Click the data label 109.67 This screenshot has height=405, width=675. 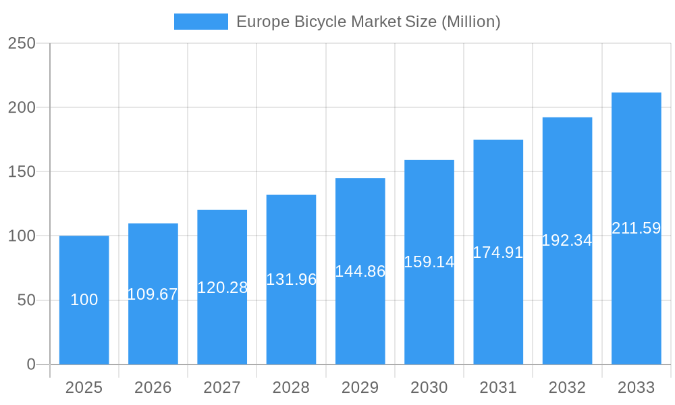(x=153, y=294)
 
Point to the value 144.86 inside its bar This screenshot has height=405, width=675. (x=360, y=271)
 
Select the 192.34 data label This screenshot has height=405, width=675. (x=567, y=240)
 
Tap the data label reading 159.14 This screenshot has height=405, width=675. (x=429, y=262)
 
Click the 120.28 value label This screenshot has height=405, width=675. (x=222, y=288)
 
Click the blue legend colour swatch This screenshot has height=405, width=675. (x=200, y=22)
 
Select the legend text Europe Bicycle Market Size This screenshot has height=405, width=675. (x=368, y=22)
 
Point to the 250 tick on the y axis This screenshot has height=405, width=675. (x=22, y=43)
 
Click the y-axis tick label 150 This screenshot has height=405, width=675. (x=22, y=171)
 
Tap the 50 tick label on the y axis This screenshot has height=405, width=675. (x=26, y=300)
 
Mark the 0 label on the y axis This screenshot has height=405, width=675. (x=31, y=364)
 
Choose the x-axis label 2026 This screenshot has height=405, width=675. (x=153, y=387)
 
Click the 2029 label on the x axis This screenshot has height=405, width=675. (x=360, y=387)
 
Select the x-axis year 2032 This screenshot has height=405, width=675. (x=567, y=387)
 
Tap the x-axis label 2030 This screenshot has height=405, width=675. (x=429, y=387)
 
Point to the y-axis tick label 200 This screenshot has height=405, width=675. (x=22, y=107)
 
